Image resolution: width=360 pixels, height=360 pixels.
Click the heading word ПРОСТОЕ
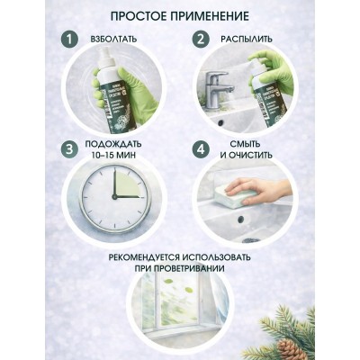click(x=139, y=17)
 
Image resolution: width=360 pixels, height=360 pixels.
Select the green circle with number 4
click(x=202, y=148)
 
